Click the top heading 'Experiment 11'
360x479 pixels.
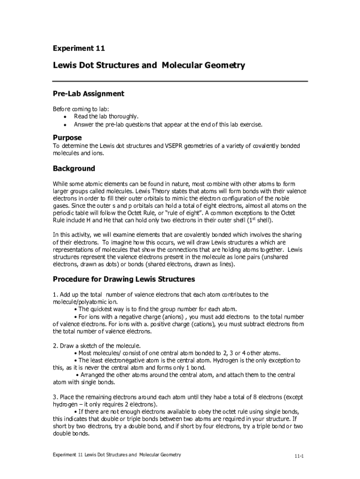(79, 48)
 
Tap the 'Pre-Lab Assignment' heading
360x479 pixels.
(88, 94)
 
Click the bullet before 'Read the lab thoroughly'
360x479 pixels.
(64, 117)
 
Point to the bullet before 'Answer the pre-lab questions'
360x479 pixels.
(64, 125)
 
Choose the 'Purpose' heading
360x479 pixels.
(67, 138)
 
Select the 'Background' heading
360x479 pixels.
(74, 168)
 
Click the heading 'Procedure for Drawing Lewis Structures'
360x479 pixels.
(123, 279)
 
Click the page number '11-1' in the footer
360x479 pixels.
(299, 456)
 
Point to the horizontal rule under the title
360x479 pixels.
(180, 81)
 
